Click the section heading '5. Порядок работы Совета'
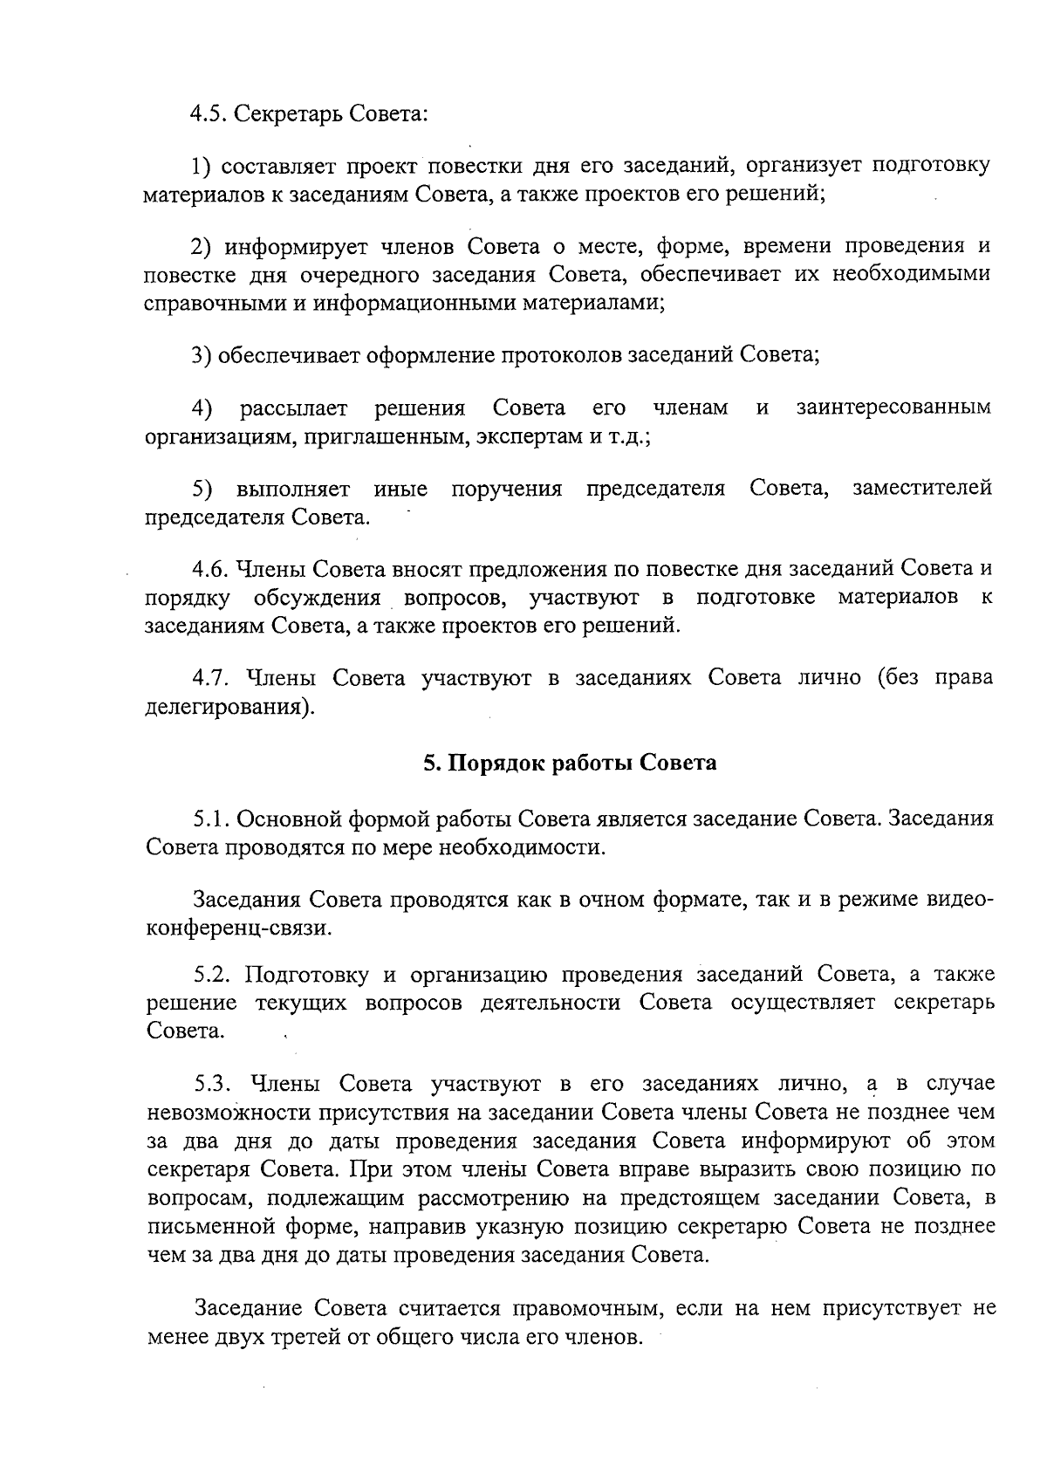pos(570,763)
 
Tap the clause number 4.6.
pos(210,569)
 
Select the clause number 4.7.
pos(210,678)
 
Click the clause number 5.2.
pos(212,974)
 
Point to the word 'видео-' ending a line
pos(959,900)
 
